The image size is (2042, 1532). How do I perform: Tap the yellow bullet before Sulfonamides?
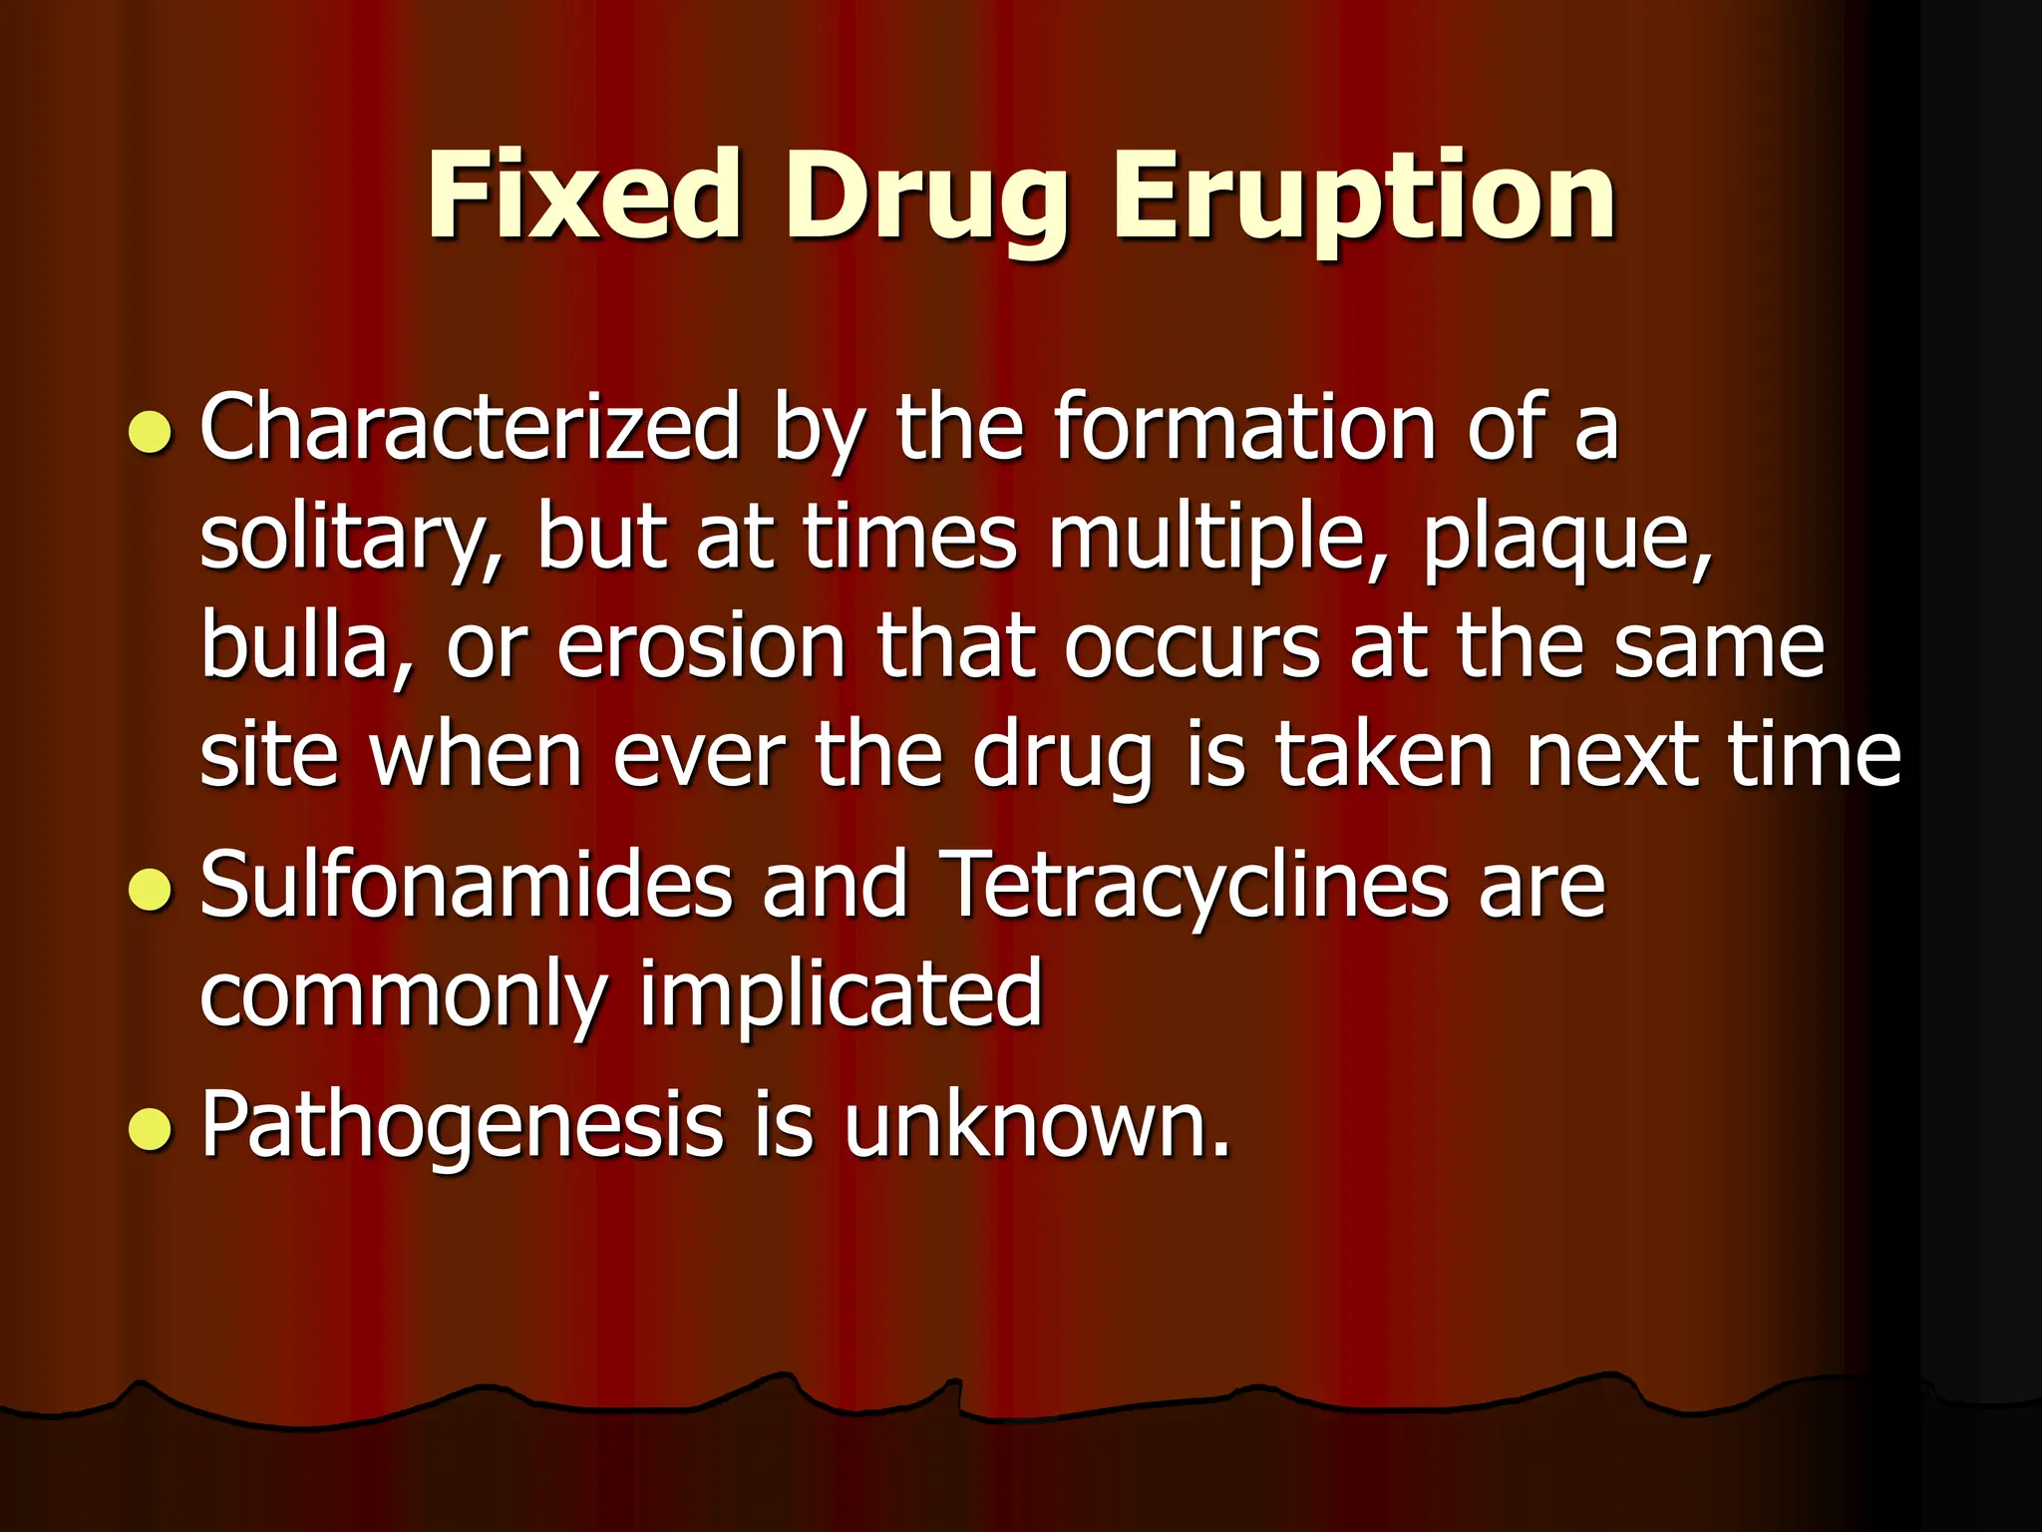click(151, 889)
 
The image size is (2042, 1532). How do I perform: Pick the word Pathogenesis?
click(462, 1125)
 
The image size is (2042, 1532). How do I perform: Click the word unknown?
click(1037, 1125)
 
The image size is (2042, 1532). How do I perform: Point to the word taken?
click(1386, 755)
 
